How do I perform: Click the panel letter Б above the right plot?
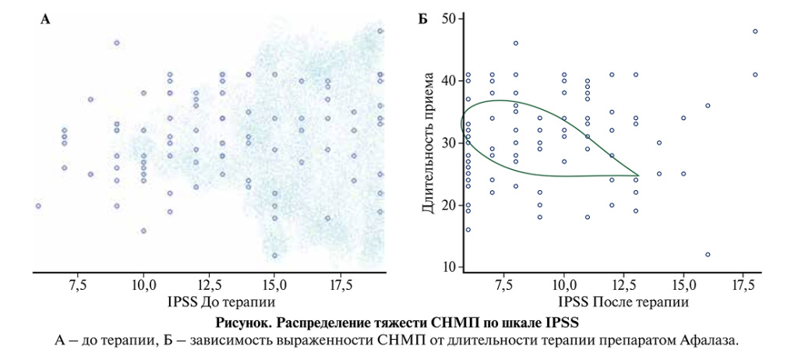422,19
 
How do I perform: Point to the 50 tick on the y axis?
448,18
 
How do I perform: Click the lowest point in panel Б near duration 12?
708,255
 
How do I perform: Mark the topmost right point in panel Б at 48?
755,31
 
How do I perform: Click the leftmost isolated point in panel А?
37,206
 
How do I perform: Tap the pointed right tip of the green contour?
638,175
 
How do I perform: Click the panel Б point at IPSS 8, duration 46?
516,43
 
